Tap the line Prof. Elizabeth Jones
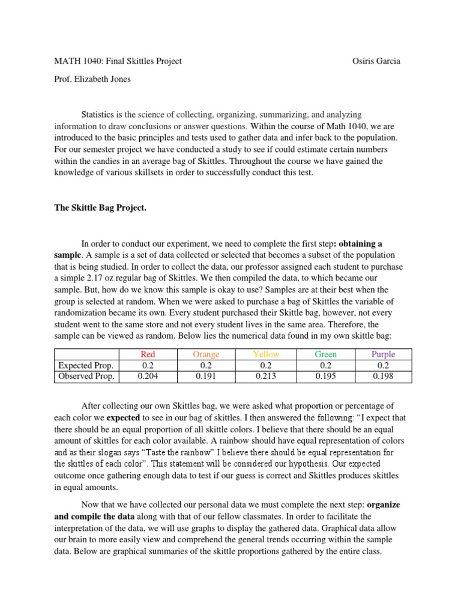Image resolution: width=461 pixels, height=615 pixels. pos(94,79)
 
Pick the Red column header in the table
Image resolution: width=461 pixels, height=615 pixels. pos(147,354)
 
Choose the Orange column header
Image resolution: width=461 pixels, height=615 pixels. pos(206,354)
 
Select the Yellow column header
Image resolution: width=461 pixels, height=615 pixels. pos(266,354)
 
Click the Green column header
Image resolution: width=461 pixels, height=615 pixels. pos(325,354)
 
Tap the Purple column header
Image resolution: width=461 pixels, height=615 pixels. pos(383,354)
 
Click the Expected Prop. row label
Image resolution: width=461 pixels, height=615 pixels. pos(86,365)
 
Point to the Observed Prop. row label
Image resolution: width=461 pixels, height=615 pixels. pos(86,377)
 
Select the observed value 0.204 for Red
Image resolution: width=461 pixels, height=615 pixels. pos(147,377)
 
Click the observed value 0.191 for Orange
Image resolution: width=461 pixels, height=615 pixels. pos(206,377)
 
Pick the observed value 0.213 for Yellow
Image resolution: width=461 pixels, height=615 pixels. pos(266,377)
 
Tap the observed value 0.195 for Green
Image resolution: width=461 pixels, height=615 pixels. pos(325,377)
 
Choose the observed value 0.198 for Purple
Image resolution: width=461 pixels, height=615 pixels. pos(383,377)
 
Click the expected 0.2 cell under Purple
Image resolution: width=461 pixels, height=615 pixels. pos(383,365)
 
